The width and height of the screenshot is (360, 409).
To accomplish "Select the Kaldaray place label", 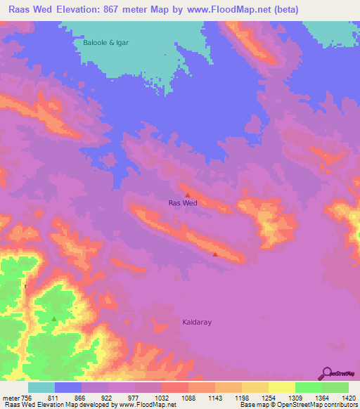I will click(197, 322).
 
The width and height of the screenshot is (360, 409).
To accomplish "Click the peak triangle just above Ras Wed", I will click(188, 194).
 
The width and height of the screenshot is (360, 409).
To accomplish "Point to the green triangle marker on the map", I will click(54, 318).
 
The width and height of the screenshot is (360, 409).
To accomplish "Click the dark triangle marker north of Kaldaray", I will click(214, 254).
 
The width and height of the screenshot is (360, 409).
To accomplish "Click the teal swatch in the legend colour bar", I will click(41, 387).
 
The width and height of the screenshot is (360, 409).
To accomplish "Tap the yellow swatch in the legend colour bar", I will click(281, 387).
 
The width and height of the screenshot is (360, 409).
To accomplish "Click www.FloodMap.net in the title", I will click(226, 10).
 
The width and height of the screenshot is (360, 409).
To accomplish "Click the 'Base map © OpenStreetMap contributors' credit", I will click(297, 405).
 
